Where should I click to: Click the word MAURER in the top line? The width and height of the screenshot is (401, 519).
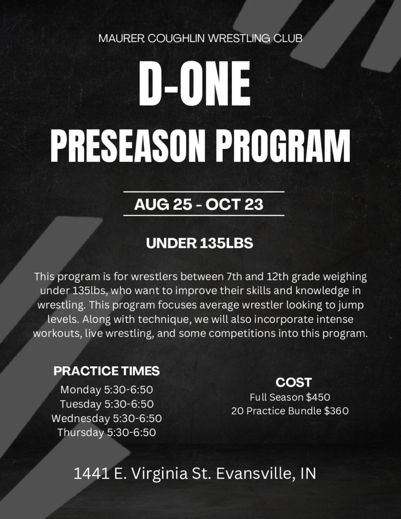point(121,38)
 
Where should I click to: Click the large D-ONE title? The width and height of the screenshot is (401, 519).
point(194,84)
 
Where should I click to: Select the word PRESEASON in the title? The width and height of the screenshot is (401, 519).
point(126,146)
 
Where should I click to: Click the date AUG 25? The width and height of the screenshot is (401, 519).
point(163,204)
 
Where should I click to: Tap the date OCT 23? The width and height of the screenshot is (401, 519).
point(234,204)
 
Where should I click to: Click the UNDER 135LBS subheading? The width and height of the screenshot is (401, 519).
point(199,243)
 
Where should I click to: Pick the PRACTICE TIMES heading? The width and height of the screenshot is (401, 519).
point(106,371)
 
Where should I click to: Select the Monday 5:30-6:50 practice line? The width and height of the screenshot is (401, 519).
point(106,390)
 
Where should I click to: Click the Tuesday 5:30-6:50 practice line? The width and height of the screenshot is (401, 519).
point(106,404)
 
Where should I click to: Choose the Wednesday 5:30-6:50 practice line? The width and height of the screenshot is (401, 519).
point(106,418)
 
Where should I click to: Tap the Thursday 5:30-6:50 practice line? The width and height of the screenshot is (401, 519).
point(106,433)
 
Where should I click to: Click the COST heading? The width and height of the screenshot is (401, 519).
point(294,382)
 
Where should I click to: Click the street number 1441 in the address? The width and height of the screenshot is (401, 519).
point(91,473)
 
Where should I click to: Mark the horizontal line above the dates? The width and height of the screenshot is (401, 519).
point(204,191)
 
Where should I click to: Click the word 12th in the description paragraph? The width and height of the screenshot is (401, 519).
point(277,276)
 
